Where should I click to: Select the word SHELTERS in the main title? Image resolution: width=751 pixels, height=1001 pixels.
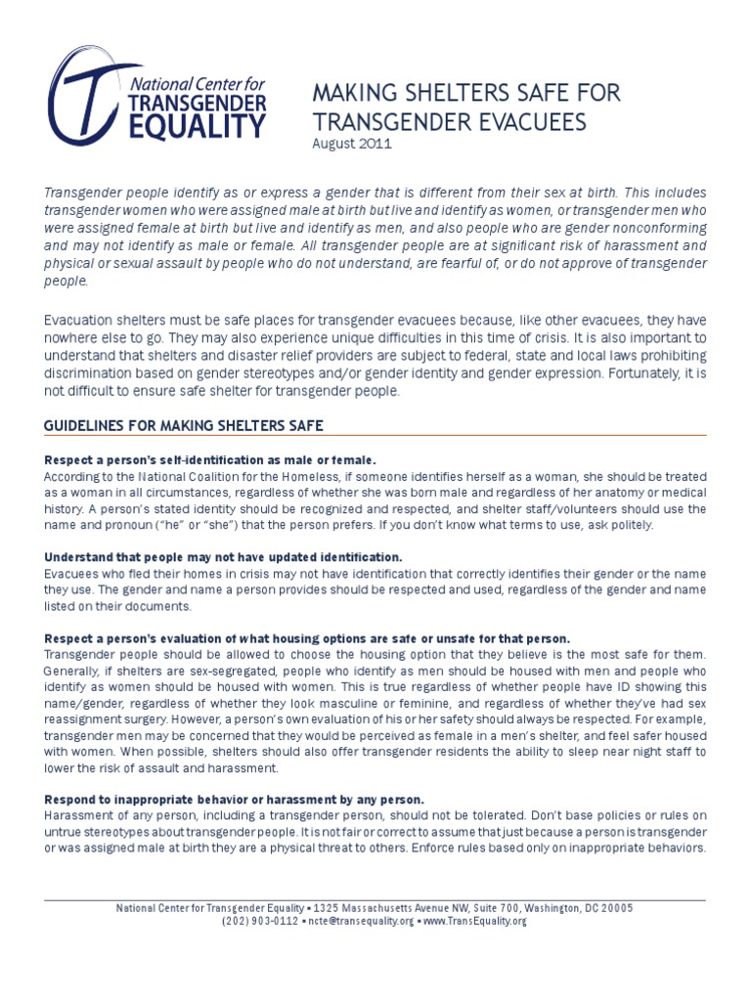[x=449, y=95]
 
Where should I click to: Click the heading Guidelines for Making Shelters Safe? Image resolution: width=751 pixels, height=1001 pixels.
[x=184, y=425]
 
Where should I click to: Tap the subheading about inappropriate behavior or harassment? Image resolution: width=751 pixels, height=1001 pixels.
[x=234, y=799]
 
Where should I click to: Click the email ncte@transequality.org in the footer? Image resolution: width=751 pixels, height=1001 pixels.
[x=359, y=921]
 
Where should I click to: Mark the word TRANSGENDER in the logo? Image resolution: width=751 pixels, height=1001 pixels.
[x=198, y=102]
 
